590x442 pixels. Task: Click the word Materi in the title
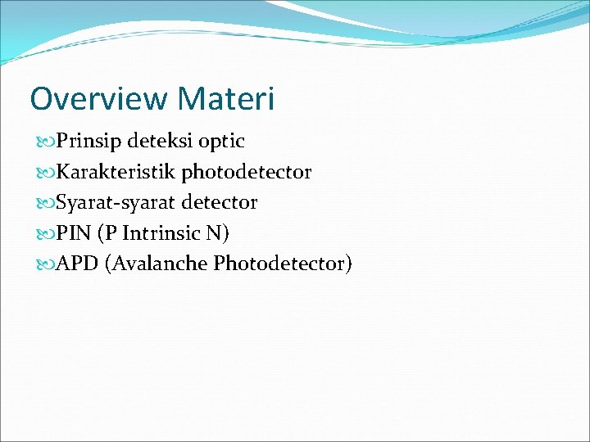pyautogui.click(x=225, y=99)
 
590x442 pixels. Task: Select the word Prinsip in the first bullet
pyautogui.click(x=88, y=142)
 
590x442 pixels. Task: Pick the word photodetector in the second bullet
pyautogui.click(x=247, y=172)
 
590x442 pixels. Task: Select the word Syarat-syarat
pyautogui.click(x=116, y=202)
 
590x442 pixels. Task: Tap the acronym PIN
pyautogui.click(x=73, y=233)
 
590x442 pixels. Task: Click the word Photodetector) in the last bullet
pyautogui.click(x=283, y=264)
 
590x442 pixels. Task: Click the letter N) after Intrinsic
pyautogui.click(x=218, y=233)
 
